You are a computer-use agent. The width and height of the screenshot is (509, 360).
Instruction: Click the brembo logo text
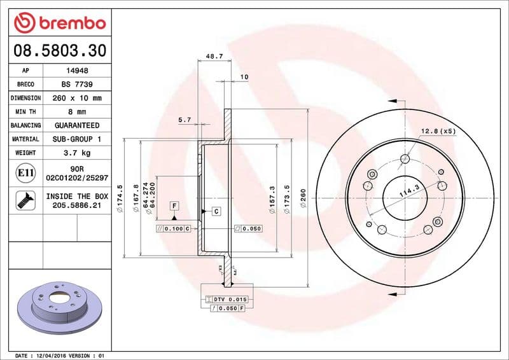pos(68,24)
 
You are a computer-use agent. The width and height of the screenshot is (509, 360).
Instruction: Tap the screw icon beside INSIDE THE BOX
pos(25,201)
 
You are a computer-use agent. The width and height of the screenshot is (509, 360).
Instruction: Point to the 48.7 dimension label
pos(214,57)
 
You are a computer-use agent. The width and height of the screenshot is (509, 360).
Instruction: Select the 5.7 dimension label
pos(185,119)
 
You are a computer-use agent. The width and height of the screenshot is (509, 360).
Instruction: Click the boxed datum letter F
pos(173,205)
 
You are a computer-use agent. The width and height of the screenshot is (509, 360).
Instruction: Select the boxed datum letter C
pos(216,211)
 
